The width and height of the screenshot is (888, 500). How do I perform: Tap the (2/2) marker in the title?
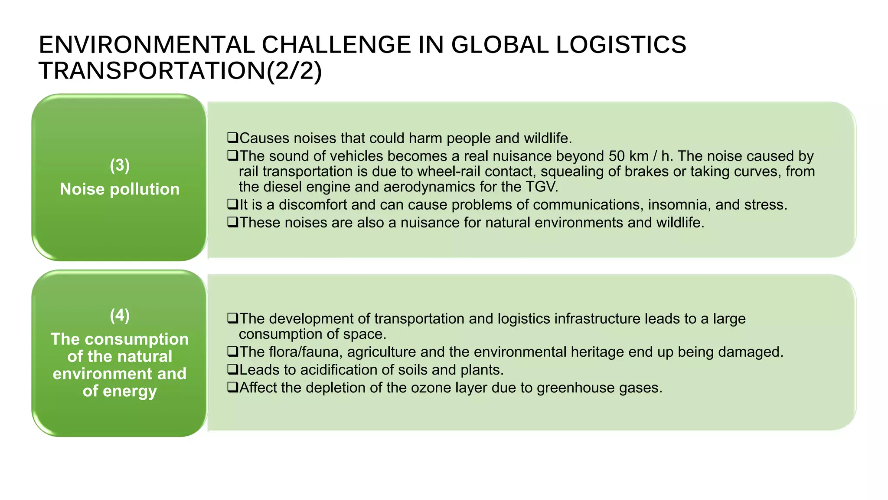294,71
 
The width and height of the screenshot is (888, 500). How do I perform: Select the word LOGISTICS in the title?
620,45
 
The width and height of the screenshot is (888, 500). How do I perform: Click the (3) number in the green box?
120,165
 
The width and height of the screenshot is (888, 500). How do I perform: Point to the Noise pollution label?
120,189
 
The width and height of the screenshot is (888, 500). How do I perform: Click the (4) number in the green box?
120,316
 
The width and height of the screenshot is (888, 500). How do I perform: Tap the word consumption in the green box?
146,339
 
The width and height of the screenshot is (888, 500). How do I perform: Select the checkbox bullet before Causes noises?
233,138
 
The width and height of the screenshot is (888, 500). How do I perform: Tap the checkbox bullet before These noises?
233,222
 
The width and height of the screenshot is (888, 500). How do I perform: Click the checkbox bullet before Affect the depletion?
233,388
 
